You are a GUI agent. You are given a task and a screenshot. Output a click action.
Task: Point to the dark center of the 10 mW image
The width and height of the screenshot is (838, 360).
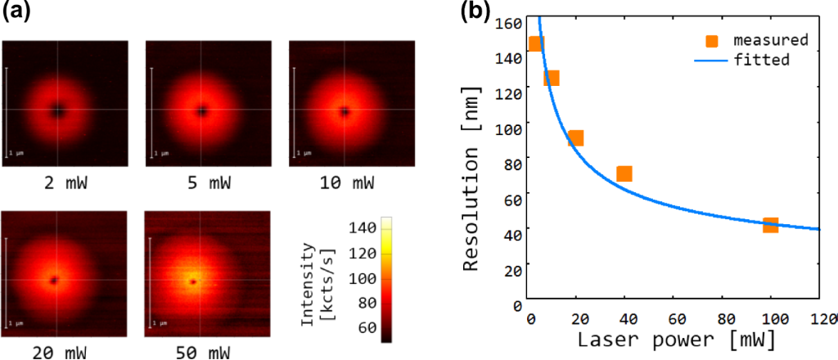pos(345,110)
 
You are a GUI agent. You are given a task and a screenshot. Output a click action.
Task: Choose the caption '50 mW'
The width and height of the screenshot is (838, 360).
pos(201,352)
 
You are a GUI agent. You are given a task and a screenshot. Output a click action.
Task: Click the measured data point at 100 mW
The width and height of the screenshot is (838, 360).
pos(770,225)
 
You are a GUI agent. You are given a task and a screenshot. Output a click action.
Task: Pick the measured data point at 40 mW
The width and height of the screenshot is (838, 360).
pos(624,173)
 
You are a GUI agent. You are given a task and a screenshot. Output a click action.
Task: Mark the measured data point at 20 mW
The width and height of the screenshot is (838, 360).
pos(576,138)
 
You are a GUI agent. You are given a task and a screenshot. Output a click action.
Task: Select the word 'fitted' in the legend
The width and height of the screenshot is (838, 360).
pos(761,60)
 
